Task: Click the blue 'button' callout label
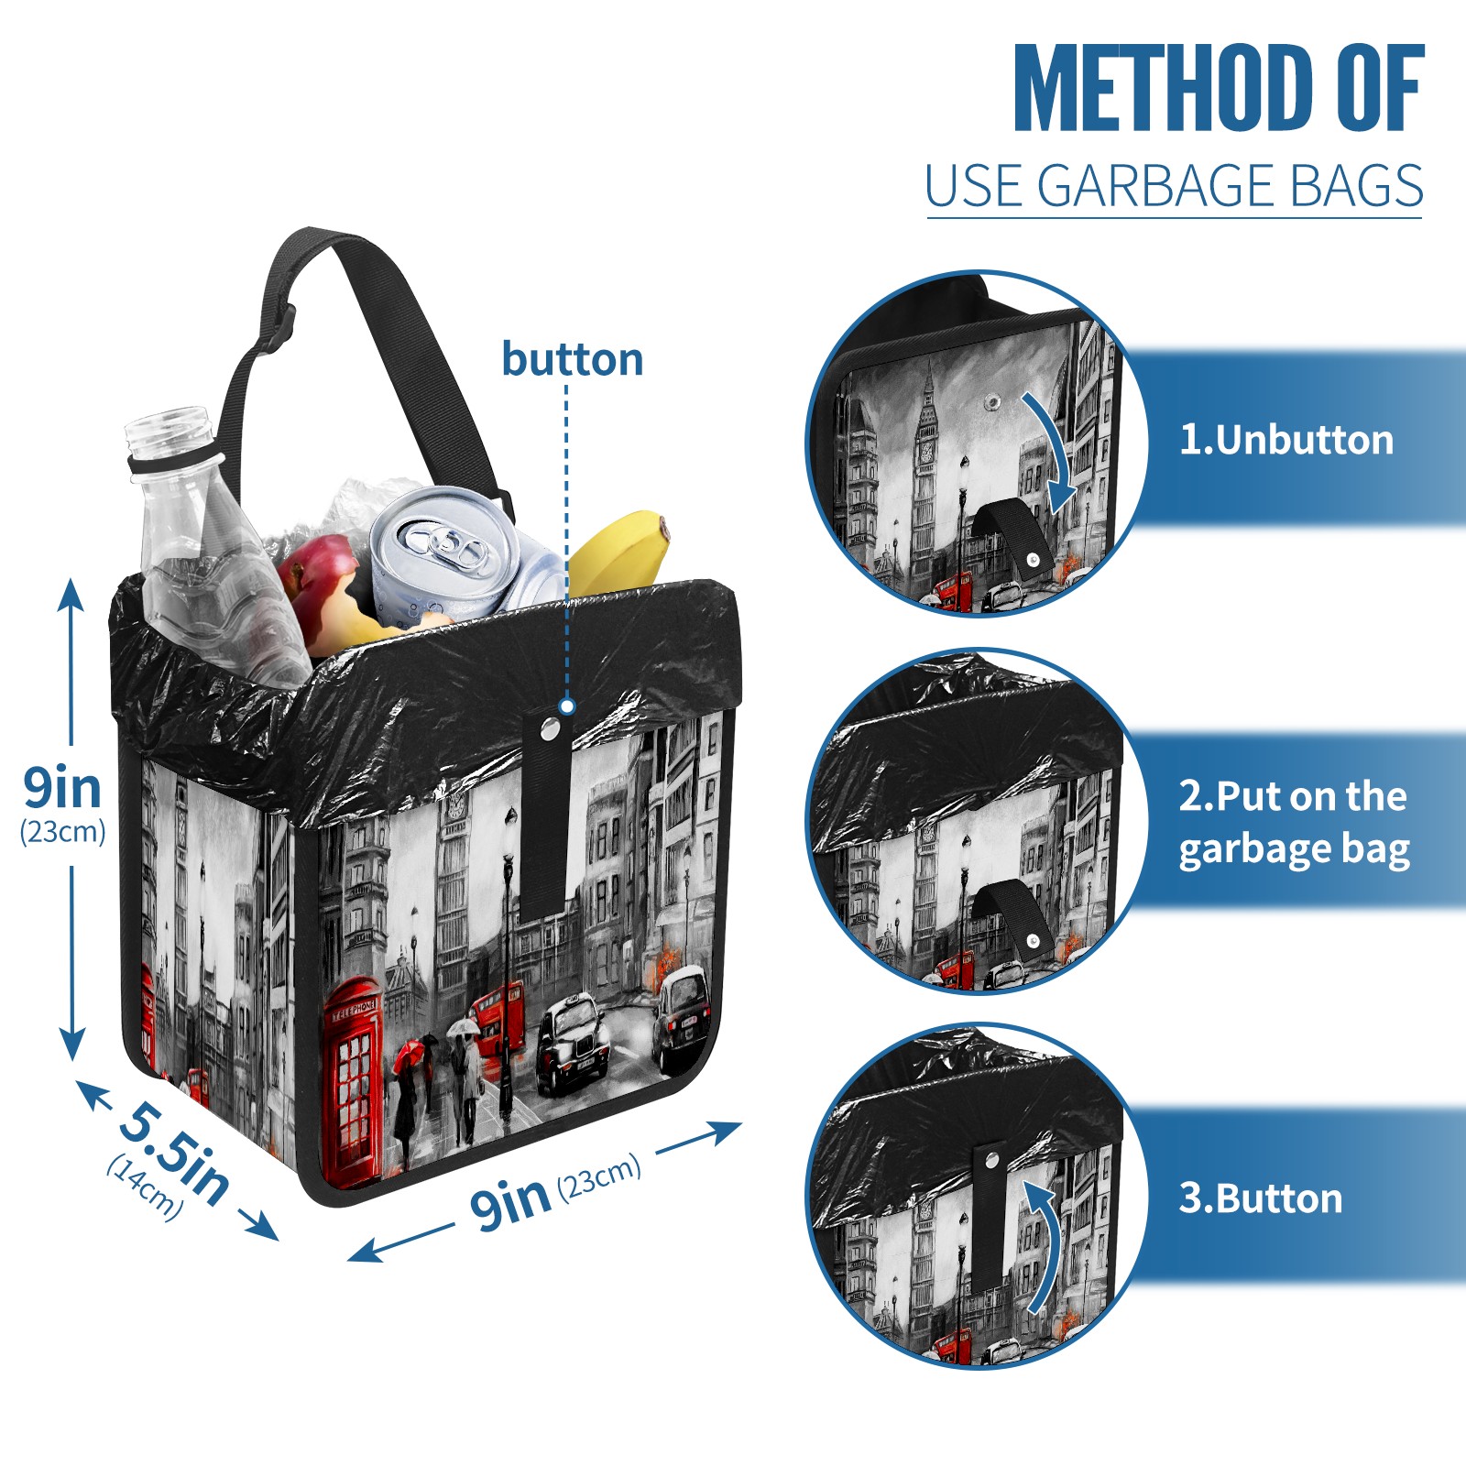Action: pos(573,359)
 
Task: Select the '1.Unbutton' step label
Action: pos(1285,440)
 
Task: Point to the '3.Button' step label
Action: pos(1260,1198)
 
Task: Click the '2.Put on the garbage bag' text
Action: pos(1294,823)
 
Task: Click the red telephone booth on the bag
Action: pos(352,1081)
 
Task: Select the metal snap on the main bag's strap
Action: pos(550,729)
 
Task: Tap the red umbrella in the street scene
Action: pos(412,1054)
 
